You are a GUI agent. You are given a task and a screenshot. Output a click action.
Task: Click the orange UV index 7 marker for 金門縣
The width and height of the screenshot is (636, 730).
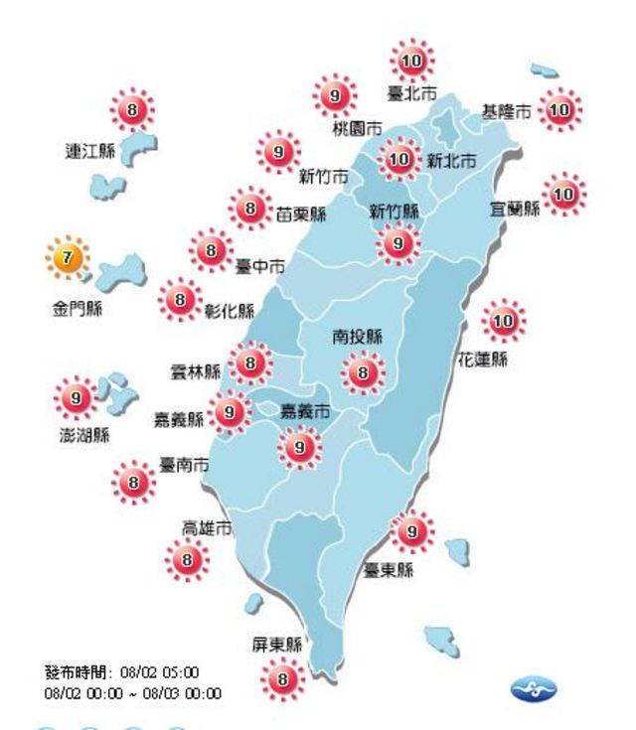(67, 259)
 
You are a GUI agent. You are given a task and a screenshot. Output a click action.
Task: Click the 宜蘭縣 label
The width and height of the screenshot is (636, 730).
(515, 209)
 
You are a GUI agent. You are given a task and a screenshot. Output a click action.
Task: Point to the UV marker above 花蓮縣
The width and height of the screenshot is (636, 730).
(504, 321)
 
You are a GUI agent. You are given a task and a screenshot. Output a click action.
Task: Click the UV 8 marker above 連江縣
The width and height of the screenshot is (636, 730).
(136, 108)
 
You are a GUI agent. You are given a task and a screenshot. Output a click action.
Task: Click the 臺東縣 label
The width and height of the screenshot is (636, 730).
(389, 570)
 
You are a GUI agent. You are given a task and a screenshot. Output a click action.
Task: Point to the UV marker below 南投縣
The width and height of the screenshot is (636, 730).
(363, 373)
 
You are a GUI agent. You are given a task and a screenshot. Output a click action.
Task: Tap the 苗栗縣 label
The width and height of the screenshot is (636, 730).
(301, 213)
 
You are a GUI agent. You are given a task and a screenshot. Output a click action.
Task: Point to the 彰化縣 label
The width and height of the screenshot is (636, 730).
(232, 310)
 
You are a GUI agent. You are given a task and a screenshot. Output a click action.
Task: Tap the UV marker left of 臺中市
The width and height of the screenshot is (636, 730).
(211, 251)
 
